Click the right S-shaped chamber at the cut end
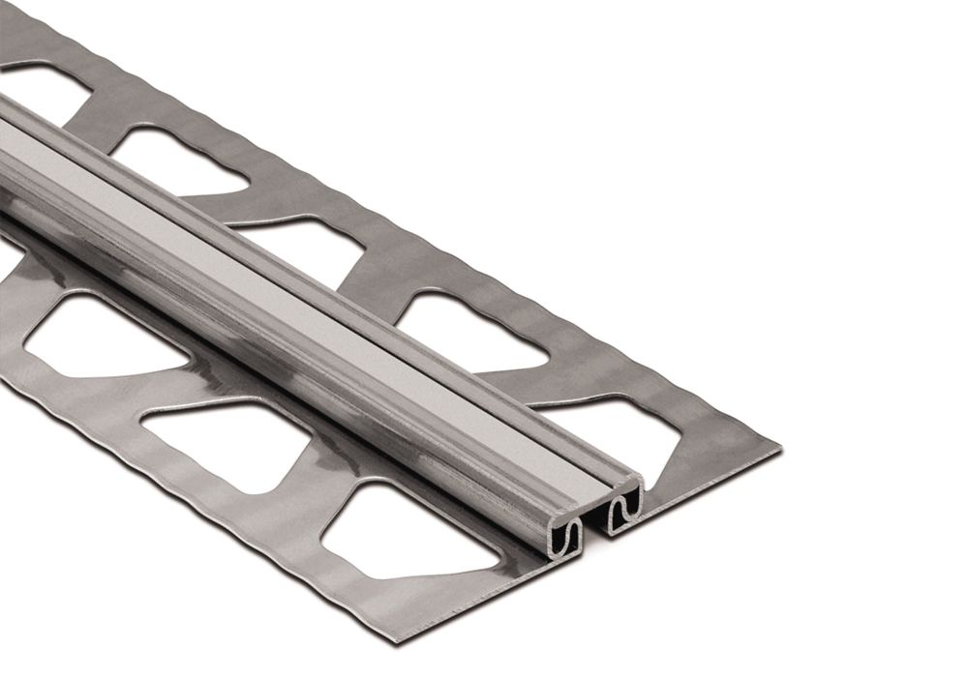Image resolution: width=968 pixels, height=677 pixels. [x=625, y=502]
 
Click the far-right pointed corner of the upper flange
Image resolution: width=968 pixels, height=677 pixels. [x=779, y=447]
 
